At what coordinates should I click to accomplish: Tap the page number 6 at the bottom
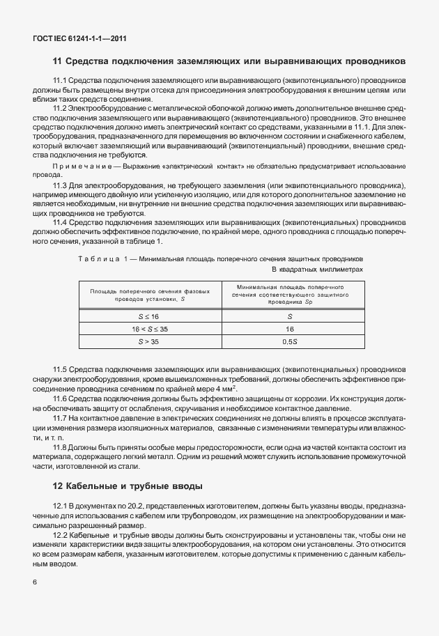tap(34, 582)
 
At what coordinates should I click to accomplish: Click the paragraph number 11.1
tap(60, 82)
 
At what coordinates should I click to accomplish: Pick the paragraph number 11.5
tap(60, 367)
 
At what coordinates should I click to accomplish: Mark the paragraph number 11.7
tap(60, 416)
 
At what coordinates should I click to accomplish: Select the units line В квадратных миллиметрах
tap(316, 269)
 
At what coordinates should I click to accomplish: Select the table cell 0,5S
tap(290, 341)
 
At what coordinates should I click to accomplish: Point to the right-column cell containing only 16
tap(290, 328)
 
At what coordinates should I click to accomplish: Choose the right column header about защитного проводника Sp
tap(290, 295)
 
